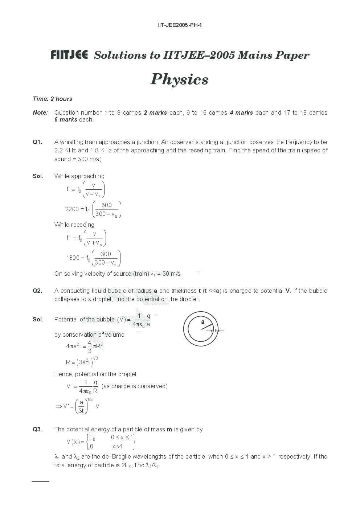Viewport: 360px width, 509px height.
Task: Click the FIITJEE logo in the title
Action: pyautogui.click(x=69, y=55)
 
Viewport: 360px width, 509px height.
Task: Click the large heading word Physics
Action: pyautogui.click(x=180, y=79)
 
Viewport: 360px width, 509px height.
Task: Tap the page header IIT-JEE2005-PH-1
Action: pyautogui.click(x=180, y=25)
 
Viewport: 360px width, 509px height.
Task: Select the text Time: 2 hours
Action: pyautogui.click(x=52, y=99)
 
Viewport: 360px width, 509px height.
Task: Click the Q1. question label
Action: pyautogui.click(x=37, y=142)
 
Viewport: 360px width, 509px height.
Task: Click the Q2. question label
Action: pyautogui.click(x=37, y=291)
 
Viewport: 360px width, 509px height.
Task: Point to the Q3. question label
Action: pyautogui.click(x=37, y=429)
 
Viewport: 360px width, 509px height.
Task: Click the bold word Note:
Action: pyautogui.click(x=40, y=112)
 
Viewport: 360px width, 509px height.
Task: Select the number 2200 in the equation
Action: pyautogui.click(x=72, y=209)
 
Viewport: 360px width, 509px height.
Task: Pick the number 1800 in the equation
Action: pyautogui.click(x=73, y=258)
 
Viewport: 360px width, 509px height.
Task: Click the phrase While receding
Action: pyautogui.click(x=74, y=225)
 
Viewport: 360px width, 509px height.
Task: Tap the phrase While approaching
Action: pyautogui.click(x=79, y=176)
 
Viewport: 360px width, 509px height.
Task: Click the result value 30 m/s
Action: pyautogui.click(x=171, y=274)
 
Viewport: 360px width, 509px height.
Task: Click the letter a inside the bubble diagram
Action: pyautogui.click(x=203, y=322)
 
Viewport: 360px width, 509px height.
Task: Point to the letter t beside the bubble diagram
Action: pyautogui.click(x=216, y=331)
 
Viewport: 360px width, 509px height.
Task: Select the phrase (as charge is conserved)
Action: pyautogui.click(x=135, y=386)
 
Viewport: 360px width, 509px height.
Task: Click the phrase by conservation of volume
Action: pyautogui.click(x=89, y=334)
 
